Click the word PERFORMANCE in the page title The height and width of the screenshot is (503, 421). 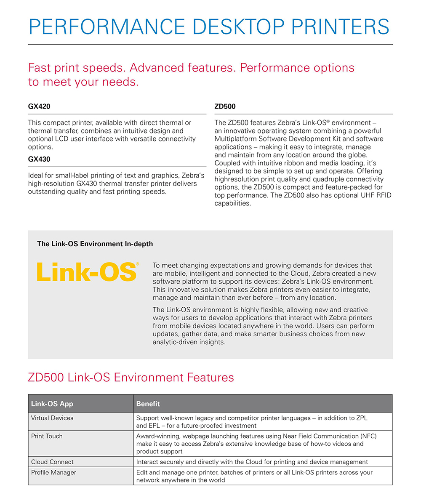pyautogui.click(x=107, y=27)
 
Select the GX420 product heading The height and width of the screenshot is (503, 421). pyautogui.click(x=39, y=106)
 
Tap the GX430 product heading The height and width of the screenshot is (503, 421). pyautogui.click(x=39, y=160)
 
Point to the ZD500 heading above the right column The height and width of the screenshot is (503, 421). pyautogui.click(x=225, y=106)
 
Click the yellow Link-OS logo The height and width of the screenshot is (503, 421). pyautogui.click(x=88, y=272)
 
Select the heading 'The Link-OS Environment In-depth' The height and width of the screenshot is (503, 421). pyautogui.click(x=95, y=244)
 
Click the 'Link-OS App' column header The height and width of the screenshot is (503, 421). pyautogui.click(x=52, y=404)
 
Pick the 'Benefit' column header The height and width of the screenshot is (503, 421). pyautogui.click(x=148, y=404)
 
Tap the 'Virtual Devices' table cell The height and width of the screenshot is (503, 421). pyautogui.click(x=52, y=418)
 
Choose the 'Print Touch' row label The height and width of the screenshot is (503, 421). pyautogui.click(x=47, y=436)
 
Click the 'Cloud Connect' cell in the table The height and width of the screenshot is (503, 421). pyautogui.click(x=52, y=462)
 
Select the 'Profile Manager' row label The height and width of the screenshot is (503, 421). pyautogui.click(x=53, y=472)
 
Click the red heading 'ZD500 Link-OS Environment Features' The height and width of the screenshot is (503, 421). pyautogui.click(x=131, y=377)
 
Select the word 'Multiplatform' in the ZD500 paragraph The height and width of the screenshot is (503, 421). pyautogui.click(x=235, y=138)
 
